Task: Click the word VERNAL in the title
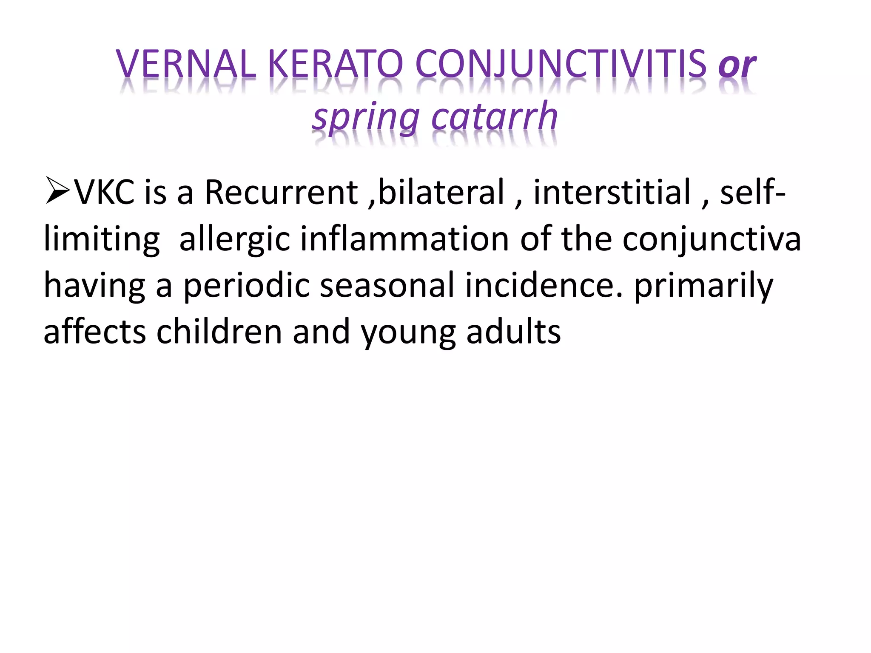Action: [186, 64]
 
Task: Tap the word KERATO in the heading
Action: [336, 64]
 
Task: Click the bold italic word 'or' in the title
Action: [737, 66]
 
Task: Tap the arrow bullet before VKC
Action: [57, 192]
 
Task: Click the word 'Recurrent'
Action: [281, 192]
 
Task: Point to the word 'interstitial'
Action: [612, 192]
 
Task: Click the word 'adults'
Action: [513, 332]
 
